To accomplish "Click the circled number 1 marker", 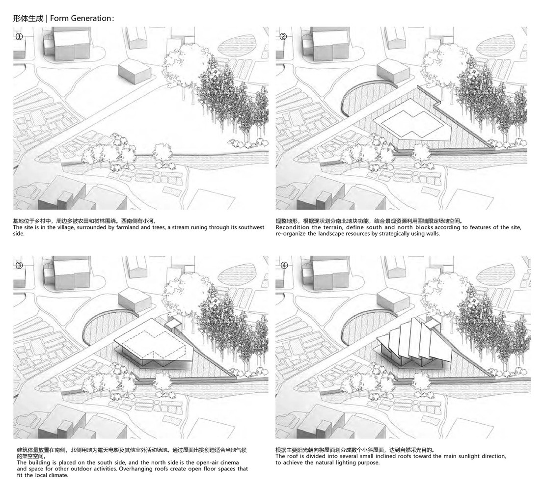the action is coord(19,36).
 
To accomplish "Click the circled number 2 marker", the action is coord(283,36).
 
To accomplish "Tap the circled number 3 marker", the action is coord(19,266).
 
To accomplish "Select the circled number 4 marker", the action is coord(284,266).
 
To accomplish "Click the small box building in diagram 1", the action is coord(135,72).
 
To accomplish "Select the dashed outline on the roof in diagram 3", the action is coord(153,345).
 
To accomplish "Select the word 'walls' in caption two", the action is coord(432,234).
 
